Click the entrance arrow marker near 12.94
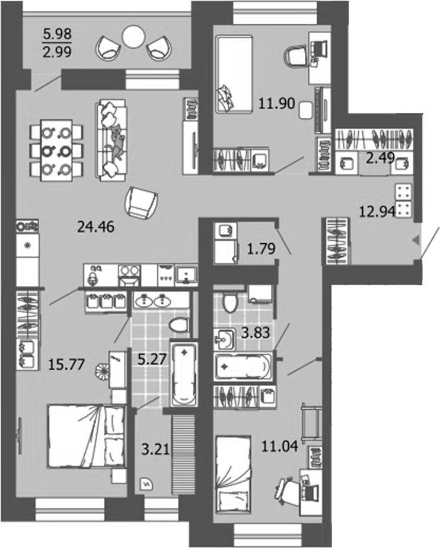pyautogui.click(x=416, y=241)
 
